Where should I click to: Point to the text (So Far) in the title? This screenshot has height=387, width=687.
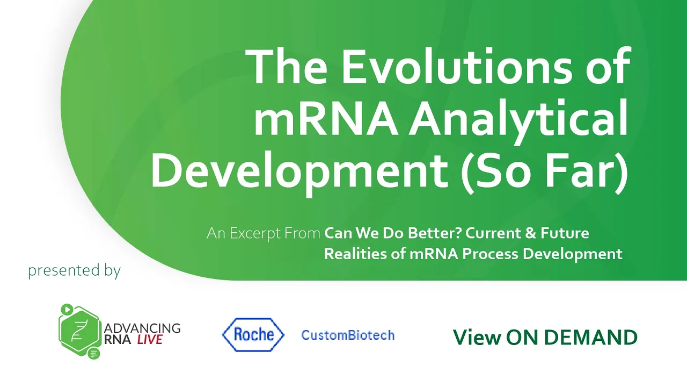(545, 171)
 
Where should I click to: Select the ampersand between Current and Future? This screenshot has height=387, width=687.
(530, 233)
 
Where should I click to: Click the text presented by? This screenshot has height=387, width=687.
(75, 270)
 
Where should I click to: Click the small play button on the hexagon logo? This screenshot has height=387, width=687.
(67, 309)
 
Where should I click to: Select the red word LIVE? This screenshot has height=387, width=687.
(150, 340)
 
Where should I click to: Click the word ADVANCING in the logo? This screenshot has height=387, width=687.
(142, 328)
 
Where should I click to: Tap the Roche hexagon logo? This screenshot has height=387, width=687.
(253, 334)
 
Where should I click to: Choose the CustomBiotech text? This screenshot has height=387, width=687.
(348, 335)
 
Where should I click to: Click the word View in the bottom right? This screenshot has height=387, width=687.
(477, 337)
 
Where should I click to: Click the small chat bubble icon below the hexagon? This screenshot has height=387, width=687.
(94, 354)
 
